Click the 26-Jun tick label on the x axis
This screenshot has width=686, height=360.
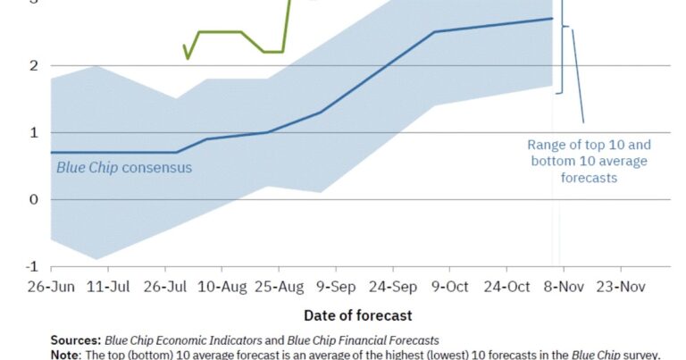pyautogui.click(x=51, y=287)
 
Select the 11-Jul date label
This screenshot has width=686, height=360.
pyautogui.click(x=108, y=287)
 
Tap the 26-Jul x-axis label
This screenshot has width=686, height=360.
pyautogui.click(x=165, y=287)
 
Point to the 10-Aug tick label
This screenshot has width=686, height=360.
pyautogui.click(x=222, y=287)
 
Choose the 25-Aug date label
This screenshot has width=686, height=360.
pyautogui.click(x=280, y=287)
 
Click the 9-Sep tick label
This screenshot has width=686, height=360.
pyautogui.click(x=336, y=287)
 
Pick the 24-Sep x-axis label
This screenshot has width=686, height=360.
pyautogui.click(x=392, y=287)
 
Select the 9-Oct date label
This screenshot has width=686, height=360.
pyautogui.click(x=449, y=287)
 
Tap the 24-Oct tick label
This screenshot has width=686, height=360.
pyautogui.click(x=506, y=287)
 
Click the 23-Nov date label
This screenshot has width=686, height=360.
pyautogui.click(x=620, y=287)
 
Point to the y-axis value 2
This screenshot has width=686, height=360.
pyautogui.click(x=33, y=65)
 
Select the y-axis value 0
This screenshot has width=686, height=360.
pyautogui.click(x=33, y=199)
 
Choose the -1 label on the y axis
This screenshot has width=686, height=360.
pyautogui.click(x=30, y=266)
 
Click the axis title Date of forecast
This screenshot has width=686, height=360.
pyautogui.click(x=358, y=315)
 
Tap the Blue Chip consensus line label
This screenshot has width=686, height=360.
pyautogui.click(x=124, y=167)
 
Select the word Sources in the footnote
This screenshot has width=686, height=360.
pyautogui.click(x=76, y=340)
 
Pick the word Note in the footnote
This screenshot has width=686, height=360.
pyautogui.click(x=65, y=355)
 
